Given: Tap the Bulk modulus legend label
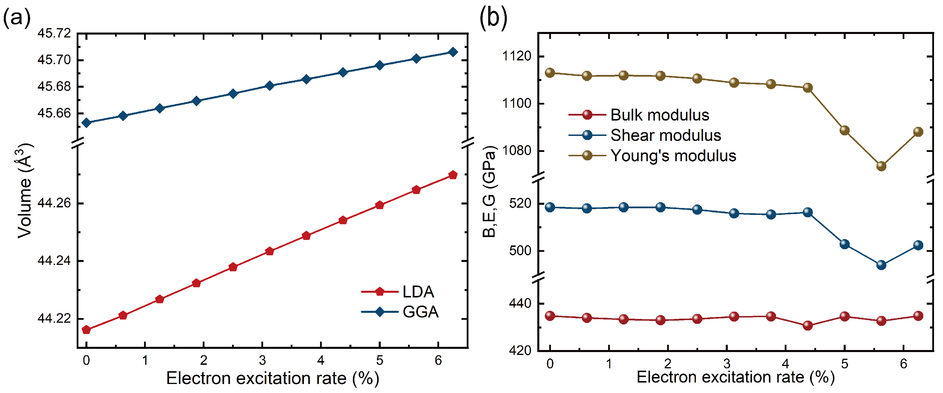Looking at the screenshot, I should click(660, 115).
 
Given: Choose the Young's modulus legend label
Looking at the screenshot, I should click(673, 156).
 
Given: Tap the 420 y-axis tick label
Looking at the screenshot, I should click(520, 351).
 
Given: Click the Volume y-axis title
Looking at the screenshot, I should click(25, 191).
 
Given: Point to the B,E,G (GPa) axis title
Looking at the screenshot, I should click(489, 192).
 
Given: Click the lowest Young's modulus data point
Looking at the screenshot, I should click(881, 166).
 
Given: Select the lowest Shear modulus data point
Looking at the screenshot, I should click(881, 265).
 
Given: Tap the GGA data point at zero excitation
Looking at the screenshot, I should click(86, 123).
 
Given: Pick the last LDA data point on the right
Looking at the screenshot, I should click(453, 175).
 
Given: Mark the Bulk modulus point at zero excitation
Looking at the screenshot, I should click(550, 316).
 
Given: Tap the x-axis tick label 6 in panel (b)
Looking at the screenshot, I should click(904, 364).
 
